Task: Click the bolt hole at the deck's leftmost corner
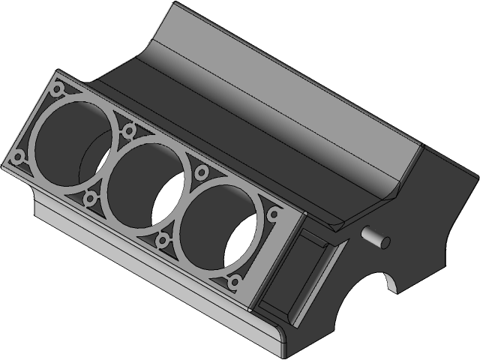(16, 159)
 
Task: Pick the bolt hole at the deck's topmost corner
(57, 89)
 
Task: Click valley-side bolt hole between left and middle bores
(128, 131)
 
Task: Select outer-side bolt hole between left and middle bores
(91, 199)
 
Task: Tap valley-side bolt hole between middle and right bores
(201, 173)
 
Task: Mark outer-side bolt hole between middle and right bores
(163, 241)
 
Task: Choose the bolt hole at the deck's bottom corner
(234, 282)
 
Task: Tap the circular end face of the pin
(385, 240)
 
